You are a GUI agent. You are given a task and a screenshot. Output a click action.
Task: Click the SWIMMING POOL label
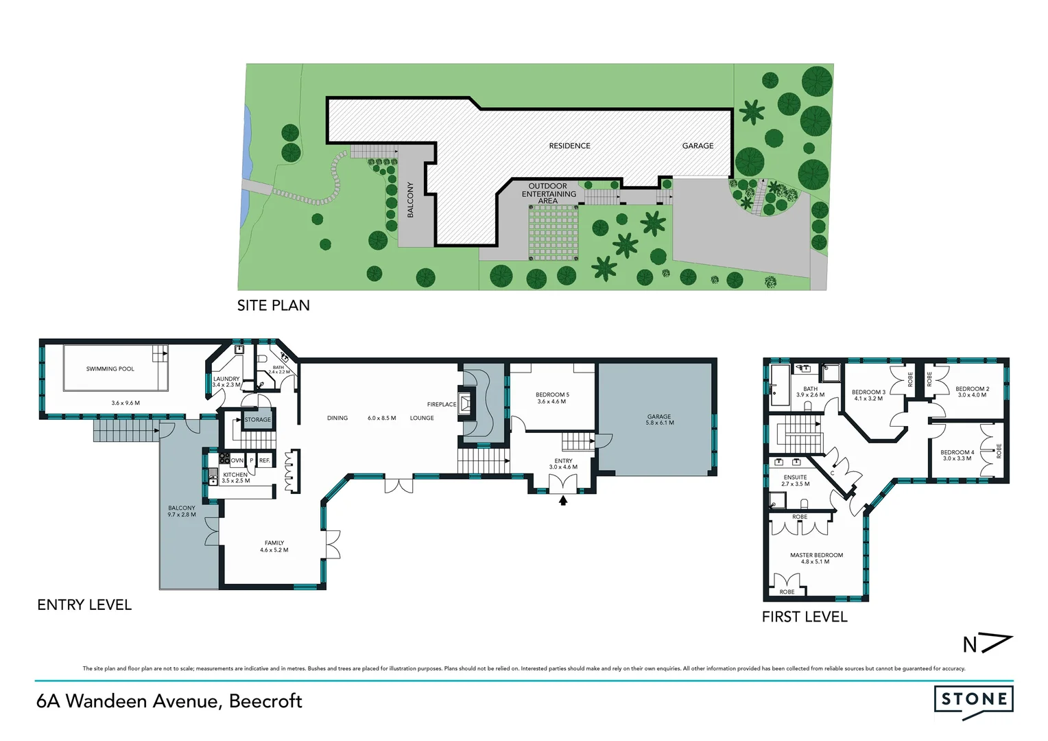click(x=110, y=369)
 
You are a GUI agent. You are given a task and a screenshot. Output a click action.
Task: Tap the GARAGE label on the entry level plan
click(x=658, y=416)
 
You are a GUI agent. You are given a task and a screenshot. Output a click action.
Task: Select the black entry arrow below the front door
click(x=563, y=501)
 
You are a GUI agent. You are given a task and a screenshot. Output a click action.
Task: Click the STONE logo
click(x=973, y=701)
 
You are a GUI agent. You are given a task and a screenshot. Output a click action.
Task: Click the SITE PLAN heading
click(x=273, y=306)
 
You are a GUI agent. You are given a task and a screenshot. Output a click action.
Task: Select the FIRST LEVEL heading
click(x=805, y=617)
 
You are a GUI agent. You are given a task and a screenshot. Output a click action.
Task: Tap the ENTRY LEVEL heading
click(x=84, y=605)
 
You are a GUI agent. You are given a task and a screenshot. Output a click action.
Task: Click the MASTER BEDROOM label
click(x=816, y=555)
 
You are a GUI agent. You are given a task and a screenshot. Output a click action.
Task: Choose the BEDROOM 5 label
click(x=552, y=395)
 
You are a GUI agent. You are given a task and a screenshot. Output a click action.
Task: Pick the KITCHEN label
click(x=235, y=475)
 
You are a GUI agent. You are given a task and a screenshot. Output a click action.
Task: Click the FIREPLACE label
click(x=441, y=404)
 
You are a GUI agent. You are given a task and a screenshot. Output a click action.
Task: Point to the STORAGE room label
click(x=258, y=419)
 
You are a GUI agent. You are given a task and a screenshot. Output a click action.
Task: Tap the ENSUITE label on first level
click(x=795, y=477)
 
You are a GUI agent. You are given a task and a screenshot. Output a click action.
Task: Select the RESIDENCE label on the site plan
click(x=569, y=146)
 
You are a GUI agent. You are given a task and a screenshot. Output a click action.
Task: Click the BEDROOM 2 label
click(x=972, y=389)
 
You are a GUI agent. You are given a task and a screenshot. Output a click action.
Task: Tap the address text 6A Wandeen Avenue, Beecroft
click(x=169, y=701)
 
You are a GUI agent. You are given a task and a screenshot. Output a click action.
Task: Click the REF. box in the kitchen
click(x=264, y=460)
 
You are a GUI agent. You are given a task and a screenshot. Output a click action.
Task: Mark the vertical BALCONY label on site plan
click(x=411, y=200)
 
